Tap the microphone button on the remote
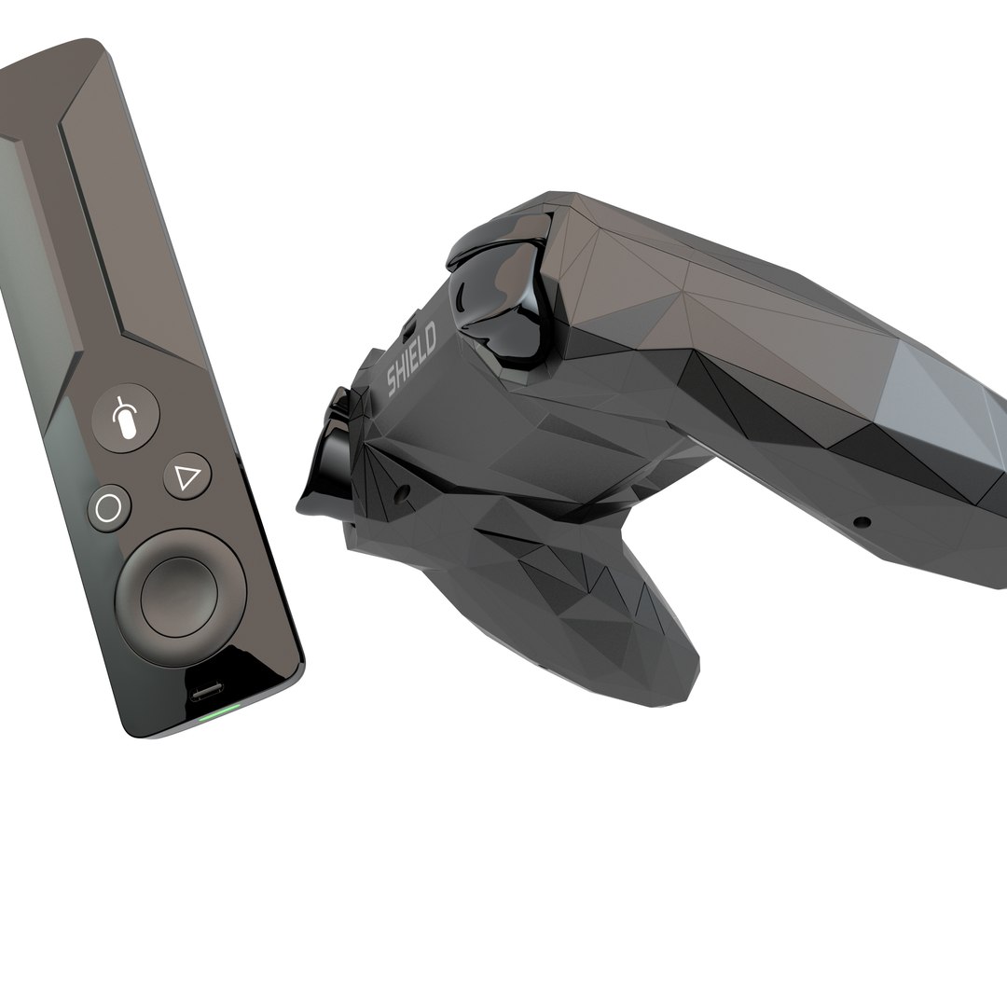point(127,418)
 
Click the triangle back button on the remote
point(187,477)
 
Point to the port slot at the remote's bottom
point(207,693)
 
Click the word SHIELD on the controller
point(412,364)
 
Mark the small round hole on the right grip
point(862,521)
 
